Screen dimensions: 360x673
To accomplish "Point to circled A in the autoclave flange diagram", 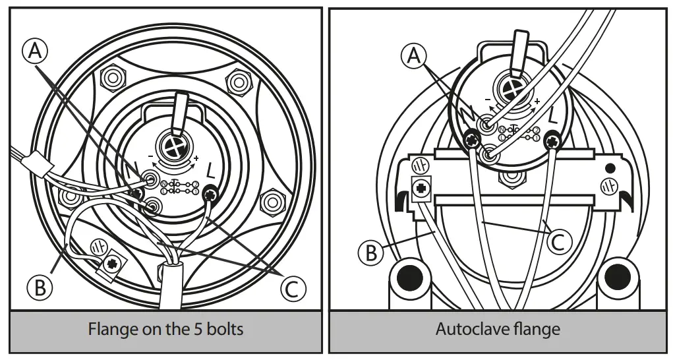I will (x=414, y=56).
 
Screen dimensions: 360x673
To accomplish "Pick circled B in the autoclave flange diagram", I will (x=371, y=252).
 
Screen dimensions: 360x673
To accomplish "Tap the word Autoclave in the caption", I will (x=468, y=328).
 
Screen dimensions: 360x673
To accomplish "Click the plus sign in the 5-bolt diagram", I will (x=196, y=158).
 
